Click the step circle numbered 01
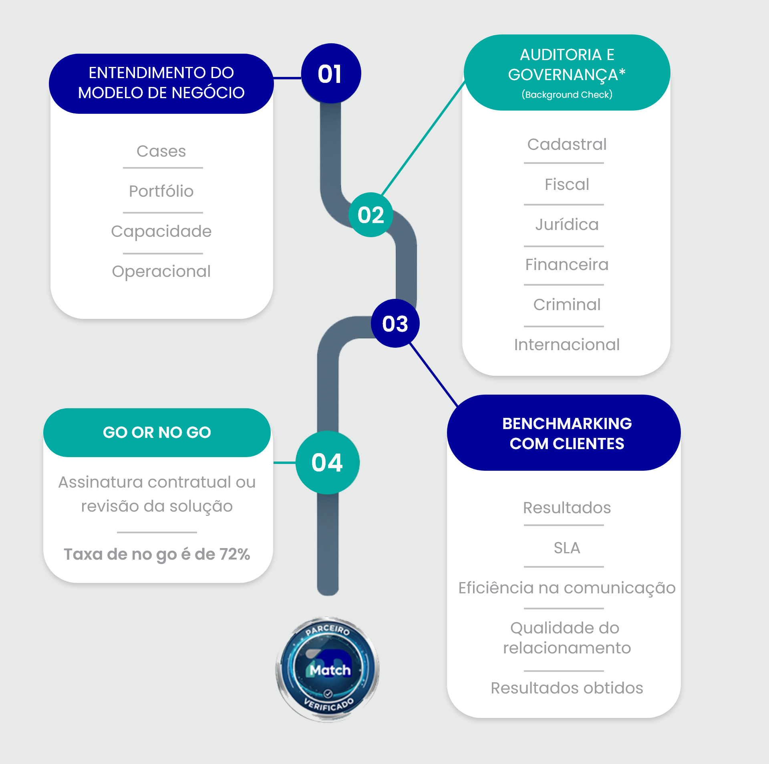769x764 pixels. pos(331,74)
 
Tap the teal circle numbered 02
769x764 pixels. pos(370,215)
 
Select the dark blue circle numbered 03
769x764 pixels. pos(395,323)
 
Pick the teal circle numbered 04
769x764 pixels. pos(327,462)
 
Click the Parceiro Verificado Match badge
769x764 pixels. pos(328,669)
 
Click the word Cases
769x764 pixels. pos(161,151)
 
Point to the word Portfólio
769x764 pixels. pos(161,192)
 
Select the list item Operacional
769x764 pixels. pos(161,272)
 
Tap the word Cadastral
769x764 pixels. pos(567,145)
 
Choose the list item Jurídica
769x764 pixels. pos(567,225)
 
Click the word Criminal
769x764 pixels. pos(567,305)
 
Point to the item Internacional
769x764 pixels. pos(567,345)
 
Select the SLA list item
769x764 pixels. pos(567,548)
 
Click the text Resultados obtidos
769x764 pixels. pos(567,688)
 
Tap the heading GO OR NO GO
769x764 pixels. pos(157,432)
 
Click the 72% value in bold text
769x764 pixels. pos(234,554)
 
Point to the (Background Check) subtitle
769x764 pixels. pos(567,95)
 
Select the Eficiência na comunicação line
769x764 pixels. pos(567,588)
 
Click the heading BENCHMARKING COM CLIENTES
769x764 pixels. pos(567,433)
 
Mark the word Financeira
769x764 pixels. pos(567,265)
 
